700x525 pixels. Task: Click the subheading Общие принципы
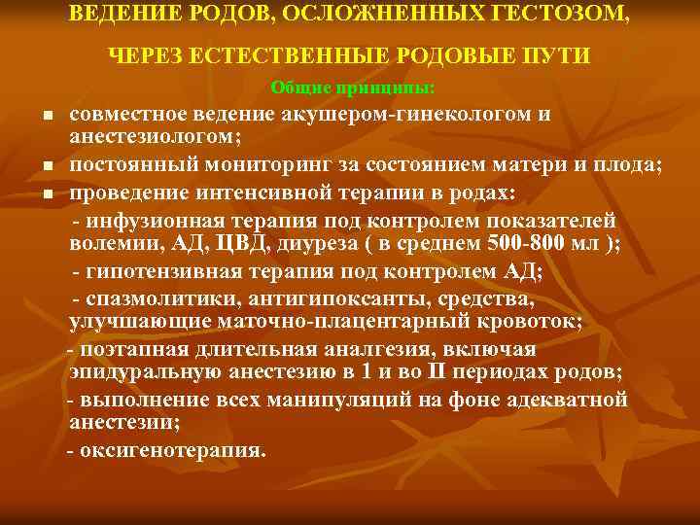(353, 87)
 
